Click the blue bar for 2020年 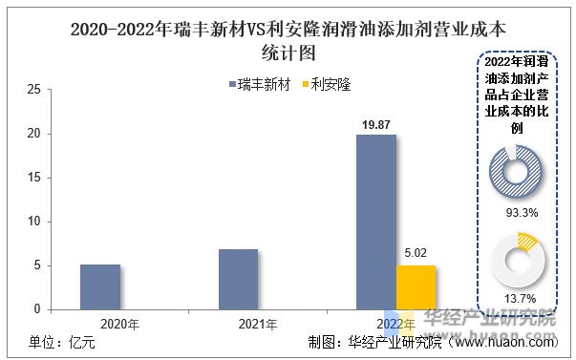pyautogui.click(x=99, y=286)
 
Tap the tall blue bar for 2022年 pyautogui.click(x=375, y=222)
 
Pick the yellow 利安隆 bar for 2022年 pyautogui.click(x=416, y=286)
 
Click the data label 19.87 pyautogui.click(x=375, y=125)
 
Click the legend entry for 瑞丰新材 pyautogui.click(x=260, y=84)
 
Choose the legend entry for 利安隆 pyautogui.click(x=327, y=84)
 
